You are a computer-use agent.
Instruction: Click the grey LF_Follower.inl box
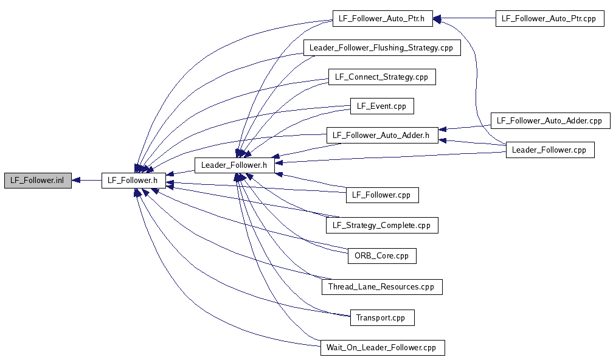point(38,180)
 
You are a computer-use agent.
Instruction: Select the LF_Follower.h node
point(133,180)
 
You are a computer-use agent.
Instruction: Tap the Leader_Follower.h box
point(234,164)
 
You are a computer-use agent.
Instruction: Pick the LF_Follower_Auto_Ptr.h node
point(382,18)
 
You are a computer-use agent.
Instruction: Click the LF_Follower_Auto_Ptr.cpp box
point(550,18)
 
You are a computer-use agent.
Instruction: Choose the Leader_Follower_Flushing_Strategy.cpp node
point(382,47)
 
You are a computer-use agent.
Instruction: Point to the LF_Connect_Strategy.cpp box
point(382,77)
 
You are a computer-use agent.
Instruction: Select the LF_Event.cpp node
point(382,106)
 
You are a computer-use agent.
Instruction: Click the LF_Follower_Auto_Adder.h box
point(382,135)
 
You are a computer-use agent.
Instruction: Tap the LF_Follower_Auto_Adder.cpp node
point(550,120)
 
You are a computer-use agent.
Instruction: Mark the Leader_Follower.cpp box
point(550,150)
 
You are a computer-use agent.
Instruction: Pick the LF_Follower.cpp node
point(382,195)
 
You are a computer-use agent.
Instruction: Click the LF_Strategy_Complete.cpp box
point(382,225)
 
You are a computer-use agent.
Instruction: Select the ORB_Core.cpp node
point(382,255)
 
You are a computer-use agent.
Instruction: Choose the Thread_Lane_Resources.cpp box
point(382,286)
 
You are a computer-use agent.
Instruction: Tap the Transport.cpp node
point(382,317)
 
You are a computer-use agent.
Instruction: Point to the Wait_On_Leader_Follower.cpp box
point(382,348)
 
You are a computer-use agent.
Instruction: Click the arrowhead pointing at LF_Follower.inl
point(77,180)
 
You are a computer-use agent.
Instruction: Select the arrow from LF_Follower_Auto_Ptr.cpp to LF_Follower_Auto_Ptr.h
point(465,18)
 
